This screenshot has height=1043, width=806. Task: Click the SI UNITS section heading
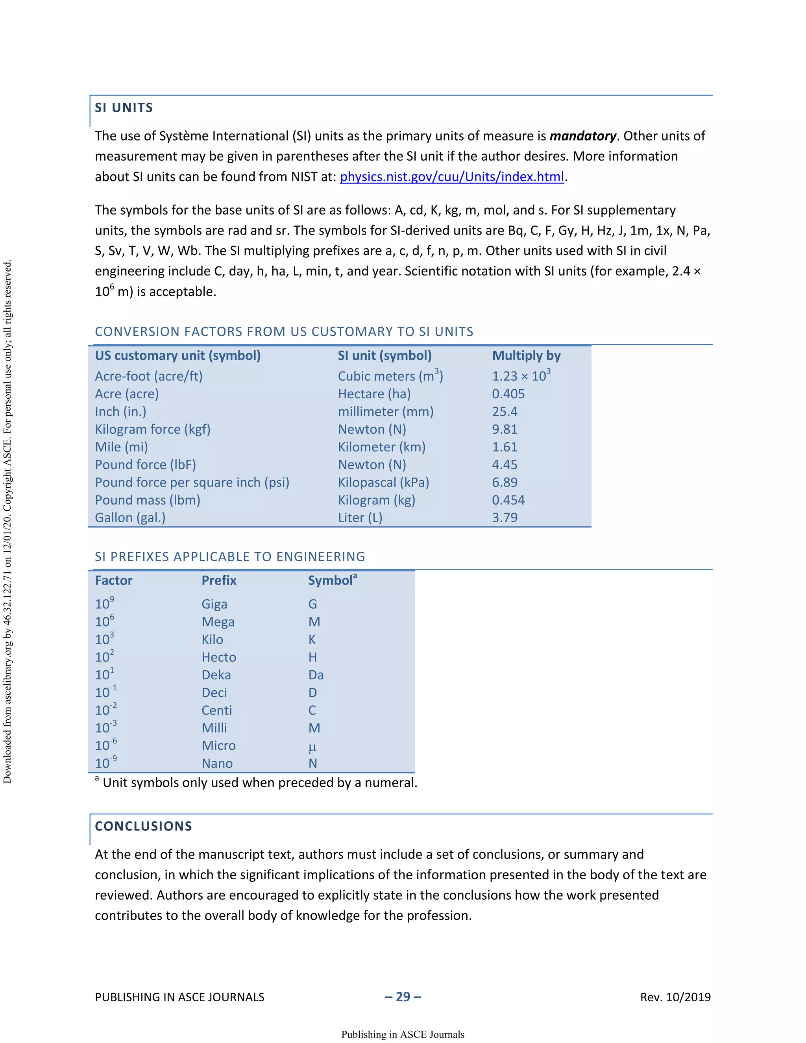click(x=124, y=108)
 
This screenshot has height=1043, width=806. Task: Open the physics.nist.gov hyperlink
click(x=452, y=177)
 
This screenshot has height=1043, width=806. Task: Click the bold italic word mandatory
click(x=582, y=136)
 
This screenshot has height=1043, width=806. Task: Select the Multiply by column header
click(x=526, y=356)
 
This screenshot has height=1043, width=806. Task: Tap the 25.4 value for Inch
click(x=505, y=412)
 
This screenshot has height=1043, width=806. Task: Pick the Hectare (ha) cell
click(x=374, y=394)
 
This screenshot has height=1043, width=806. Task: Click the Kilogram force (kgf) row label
click(x=152, y=429)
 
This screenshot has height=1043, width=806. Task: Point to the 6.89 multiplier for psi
click(x=505, y=483)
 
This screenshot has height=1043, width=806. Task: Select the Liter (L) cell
click(x=360, y=518)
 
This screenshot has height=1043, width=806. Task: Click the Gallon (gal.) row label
click(x=130, y=518)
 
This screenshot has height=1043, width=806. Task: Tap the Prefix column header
click(x=219, y=581)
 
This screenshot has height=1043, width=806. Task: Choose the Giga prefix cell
click(x=214, y=604)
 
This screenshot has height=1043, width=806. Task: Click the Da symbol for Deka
click(x=316, y=675)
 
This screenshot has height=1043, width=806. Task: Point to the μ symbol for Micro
click(x=312, y=746)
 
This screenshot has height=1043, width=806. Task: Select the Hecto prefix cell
click(x=219, y=657)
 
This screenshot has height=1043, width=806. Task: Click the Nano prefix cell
click(x=217, y=764)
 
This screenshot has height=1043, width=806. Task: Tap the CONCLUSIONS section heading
click(x=143, y=827)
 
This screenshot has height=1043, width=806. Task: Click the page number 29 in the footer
click(x=403, y=997)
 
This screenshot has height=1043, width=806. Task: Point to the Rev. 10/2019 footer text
click(x=675, y=997)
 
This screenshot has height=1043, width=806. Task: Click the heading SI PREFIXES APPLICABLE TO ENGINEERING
click(x=230, y=557)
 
